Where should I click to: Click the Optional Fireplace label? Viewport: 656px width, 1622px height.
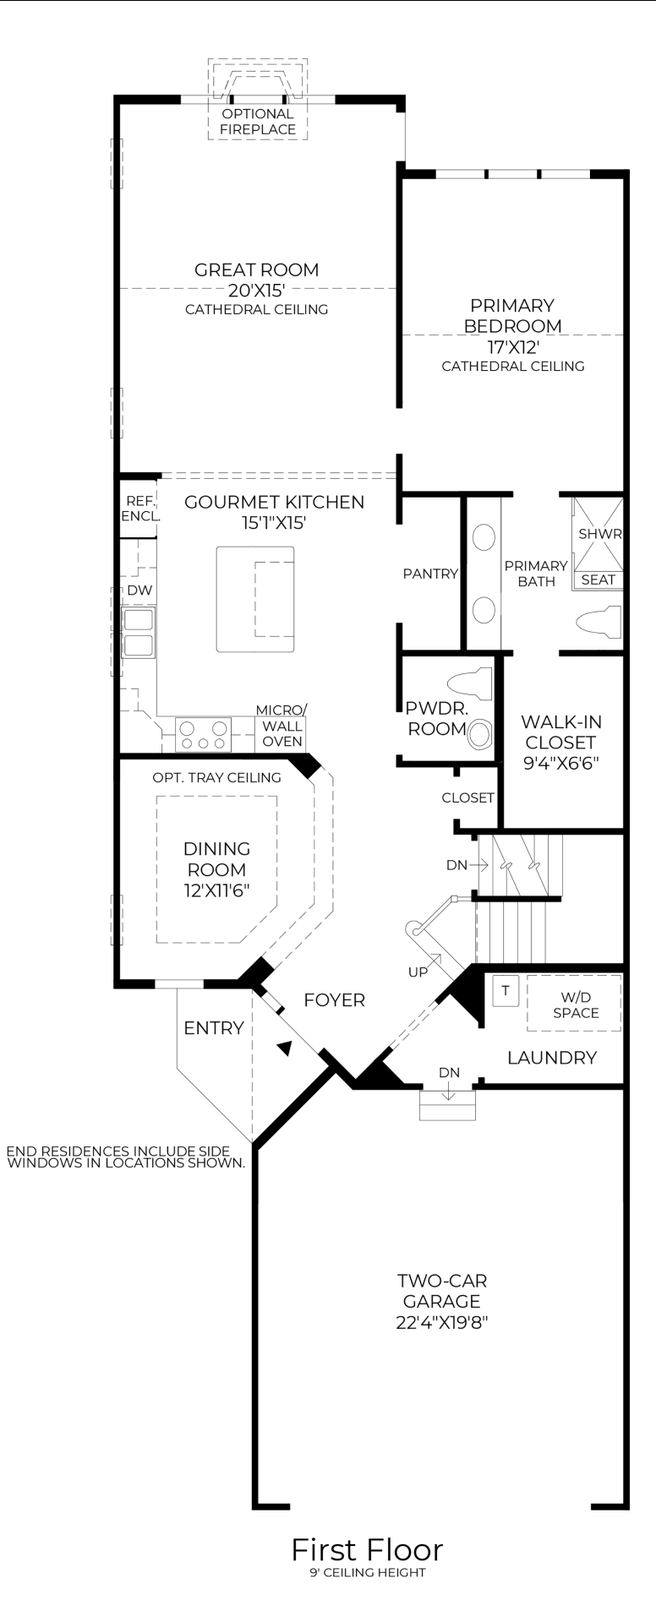[258, 122]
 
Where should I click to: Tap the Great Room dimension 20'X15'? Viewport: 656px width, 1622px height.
[257, 291]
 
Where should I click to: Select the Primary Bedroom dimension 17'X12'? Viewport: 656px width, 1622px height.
[512, 346]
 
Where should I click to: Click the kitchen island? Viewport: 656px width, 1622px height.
[255, 599]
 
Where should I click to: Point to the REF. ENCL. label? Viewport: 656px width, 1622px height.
[139, 509]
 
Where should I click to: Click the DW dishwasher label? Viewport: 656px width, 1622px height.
[139, 591]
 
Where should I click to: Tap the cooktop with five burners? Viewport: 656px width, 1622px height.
[204, 734]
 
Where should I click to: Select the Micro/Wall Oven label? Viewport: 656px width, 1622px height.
[282, 726]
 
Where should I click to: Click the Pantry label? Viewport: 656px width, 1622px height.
[429, 574]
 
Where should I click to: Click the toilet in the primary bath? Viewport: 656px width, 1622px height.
[599, 624]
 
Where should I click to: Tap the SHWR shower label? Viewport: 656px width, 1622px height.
[599, 534]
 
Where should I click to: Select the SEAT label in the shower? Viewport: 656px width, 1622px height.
[598, 580]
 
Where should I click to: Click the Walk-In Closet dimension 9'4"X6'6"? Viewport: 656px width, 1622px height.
[560, 763]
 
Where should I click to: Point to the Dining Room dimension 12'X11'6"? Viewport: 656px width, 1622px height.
[216, 890]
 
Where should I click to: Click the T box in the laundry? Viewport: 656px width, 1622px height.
[506, 991]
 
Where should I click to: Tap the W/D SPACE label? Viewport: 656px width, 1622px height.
[576, 1005]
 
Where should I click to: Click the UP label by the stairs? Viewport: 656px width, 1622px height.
[418, 972]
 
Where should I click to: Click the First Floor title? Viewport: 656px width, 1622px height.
[367, 1549]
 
